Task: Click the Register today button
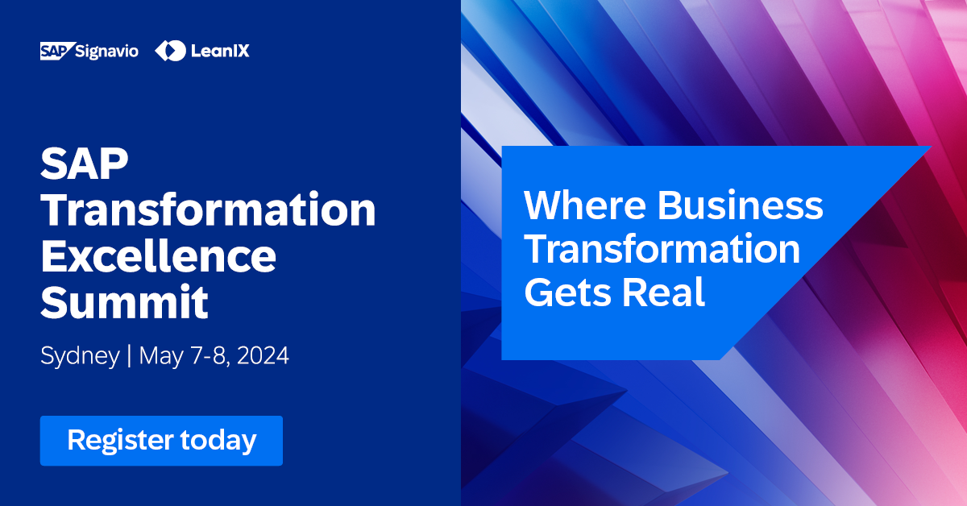coord(161,441)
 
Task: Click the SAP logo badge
coord(56,51)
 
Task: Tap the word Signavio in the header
coord(106,51)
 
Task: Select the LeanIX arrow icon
coord(170,51)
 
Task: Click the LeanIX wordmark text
coord(220,51)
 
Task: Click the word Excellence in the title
coord(158,257)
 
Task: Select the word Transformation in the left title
coord(208,211)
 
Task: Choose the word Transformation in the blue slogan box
coord(662,249)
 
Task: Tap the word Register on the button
coord(120,441)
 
